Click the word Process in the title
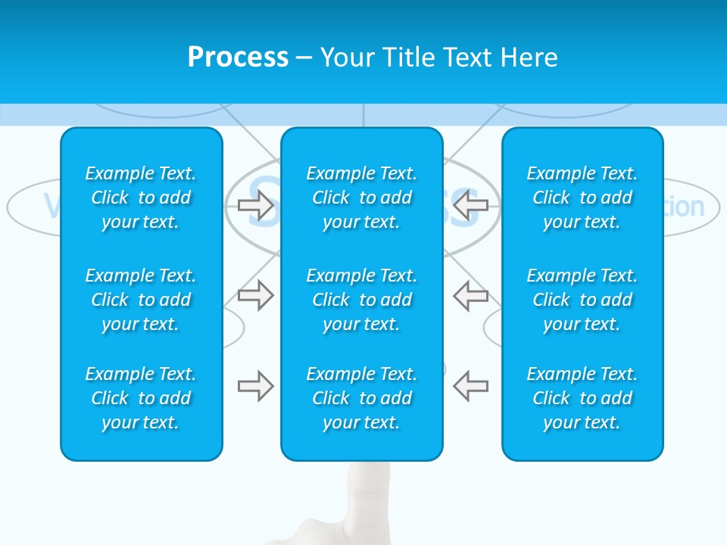point(238,58)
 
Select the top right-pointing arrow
point(255,205)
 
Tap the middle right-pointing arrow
point(255,294)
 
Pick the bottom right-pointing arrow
point(255,386)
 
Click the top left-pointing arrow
point(470,205)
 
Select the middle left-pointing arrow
point(470,294)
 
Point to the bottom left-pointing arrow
point(470,386)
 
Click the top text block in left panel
point(141,198)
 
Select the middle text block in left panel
point(141,300)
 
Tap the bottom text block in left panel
point(141,398)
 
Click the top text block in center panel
point(362,198)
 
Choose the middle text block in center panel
point(362,300)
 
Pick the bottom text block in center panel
point(362,398)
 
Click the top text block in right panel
point(582,198)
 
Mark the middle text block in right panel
point(582,300)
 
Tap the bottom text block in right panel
point(582,398)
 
